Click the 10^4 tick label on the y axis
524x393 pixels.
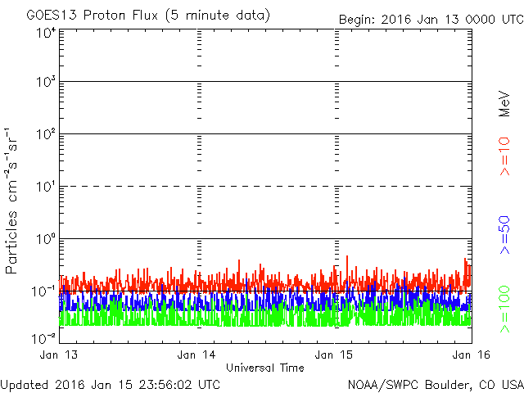tap(44, 34)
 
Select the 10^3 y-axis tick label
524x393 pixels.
tap(44, 83)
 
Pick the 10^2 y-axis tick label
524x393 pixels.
tap(44, 134)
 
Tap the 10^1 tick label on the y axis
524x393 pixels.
tap(44, 187)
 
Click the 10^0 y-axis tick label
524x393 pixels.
tap(44, 239)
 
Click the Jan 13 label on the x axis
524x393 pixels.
tap(58, 355)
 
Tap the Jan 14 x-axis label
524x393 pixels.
tap(196, 355)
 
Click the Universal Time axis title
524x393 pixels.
tap(264, 368)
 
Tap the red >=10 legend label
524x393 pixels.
tap(504, 156)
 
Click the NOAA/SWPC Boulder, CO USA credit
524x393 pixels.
tap(435, 384)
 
